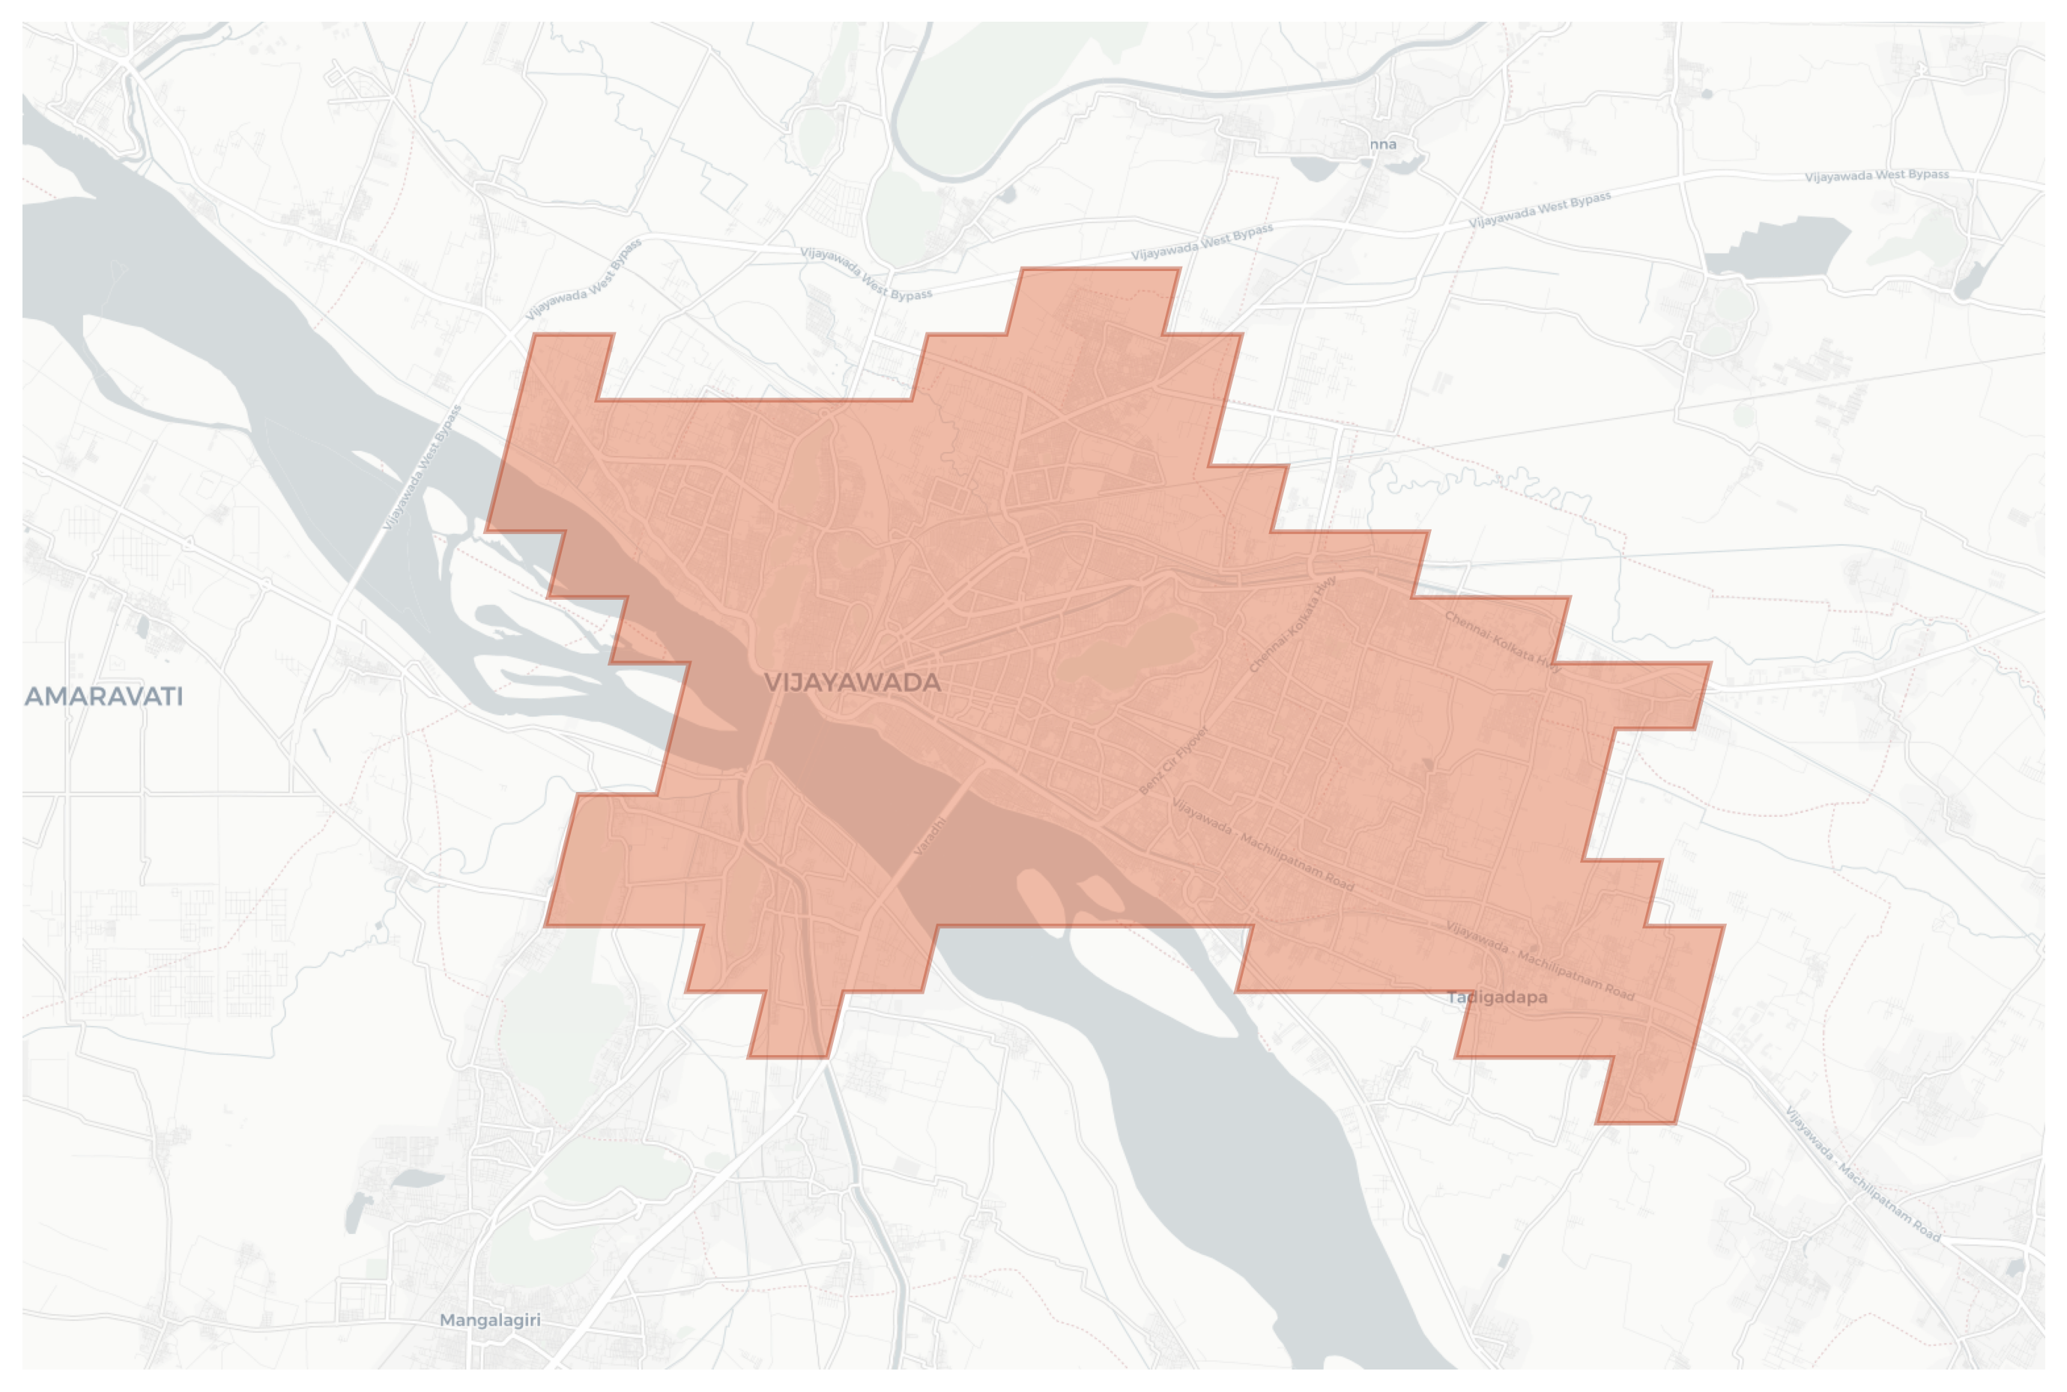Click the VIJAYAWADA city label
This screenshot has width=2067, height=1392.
(x=851, y=683)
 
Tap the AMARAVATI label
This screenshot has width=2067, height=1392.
(x=103, y=697)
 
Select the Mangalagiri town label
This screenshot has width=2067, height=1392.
(x=489, y=1320)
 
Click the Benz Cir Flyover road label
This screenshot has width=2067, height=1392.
(x=1174, y=760)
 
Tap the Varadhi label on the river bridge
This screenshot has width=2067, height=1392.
(x=930, y=836)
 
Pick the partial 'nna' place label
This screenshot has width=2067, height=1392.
(x=1382, y=145)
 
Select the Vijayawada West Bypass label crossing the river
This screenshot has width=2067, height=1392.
(x=422, y=468)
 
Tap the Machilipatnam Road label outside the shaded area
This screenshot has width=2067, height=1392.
(x=1862, y=1175)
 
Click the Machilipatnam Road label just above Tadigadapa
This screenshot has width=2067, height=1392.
(x=1540, y=961)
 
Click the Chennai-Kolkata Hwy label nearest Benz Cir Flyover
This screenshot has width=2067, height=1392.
(x=1292, y=624)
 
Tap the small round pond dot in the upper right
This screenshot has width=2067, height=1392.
(x=1707, y=93)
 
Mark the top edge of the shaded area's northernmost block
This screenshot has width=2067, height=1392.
(x=1100, y=268)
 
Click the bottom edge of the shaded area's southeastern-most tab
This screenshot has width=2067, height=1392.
(x=1635, y=1123)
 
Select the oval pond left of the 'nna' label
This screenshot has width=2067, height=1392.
(x=1311, y=166)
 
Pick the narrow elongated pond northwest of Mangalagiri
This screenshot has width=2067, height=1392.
(x=354, y=1212)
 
